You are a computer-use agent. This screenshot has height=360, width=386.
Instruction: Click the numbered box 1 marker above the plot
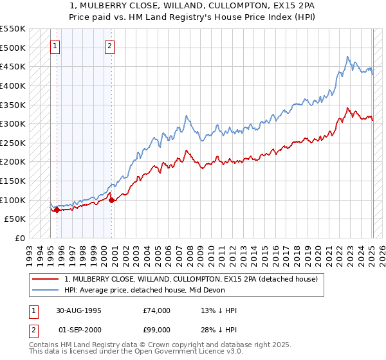click(55, 46)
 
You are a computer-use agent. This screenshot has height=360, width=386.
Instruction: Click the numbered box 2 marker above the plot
click(111, 46)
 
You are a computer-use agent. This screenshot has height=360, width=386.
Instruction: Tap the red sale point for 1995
click(57, 210)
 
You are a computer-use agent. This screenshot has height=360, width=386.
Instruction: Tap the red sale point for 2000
click(112, 200)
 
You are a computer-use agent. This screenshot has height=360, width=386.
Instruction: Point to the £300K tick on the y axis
click(13, 123)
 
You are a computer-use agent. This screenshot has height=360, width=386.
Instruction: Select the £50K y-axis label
click(15, 219)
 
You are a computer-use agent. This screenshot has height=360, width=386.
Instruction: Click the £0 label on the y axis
click(20, 238)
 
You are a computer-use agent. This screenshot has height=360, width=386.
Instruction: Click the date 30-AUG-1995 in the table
click(78, 310)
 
